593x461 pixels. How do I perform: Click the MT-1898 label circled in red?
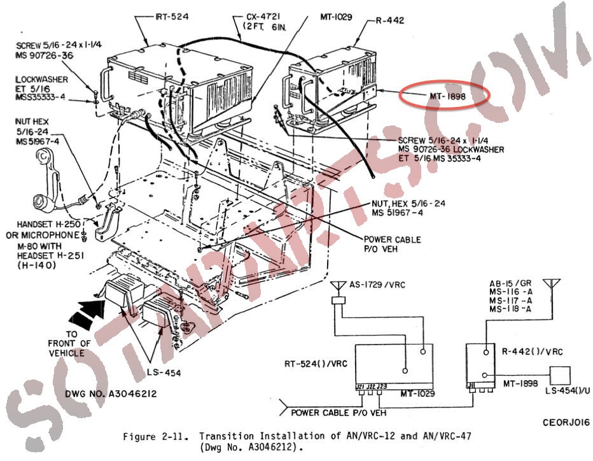pyautogui.click(x=445, y=96)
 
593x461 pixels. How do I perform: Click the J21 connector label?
pyautogui.click(x=360, y=386)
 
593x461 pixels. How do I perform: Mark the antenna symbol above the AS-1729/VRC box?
pyautogui.click(x=337, y=288)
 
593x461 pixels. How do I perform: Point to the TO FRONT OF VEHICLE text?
pyautogui.click(x=69, y=344)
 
